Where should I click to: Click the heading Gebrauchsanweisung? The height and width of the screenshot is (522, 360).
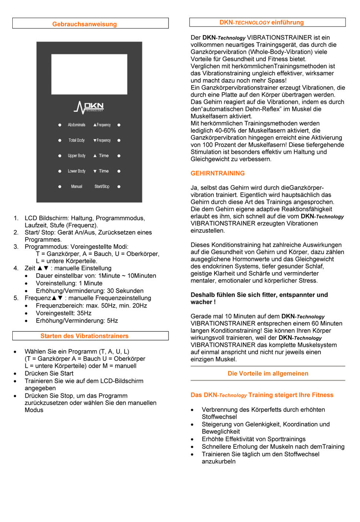(x=84, y=24)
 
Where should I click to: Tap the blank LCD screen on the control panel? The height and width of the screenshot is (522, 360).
(x=89, y=74)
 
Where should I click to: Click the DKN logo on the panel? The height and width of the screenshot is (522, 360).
(x=89, y=108)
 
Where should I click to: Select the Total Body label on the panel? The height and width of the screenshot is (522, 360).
(x=76, y=140)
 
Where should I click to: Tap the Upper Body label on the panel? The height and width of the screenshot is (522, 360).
(x=76, y=156)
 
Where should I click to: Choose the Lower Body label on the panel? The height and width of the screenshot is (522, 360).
(x=76, y=171)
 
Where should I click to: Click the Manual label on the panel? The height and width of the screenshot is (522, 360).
(x=76, y=186)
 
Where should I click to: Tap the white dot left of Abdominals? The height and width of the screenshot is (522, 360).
(x=60, y=125)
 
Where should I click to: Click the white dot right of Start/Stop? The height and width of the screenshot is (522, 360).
(x=119, y=186)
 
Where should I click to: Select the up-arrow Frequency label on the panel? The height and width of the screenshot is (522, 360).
(x=102, y=125)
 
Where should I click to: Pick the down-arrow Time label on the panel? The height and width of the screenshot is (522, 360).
(x=101, y=171)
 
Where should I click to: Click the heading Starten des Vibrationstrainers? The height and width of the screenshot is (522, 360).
(x=84, y=336)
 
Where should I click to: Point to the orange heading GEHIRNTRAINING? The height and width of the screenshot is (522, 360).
(x=217, y=173)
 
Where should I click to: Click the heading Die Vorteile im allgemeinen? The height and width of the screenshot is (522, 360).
(x=268, y=373)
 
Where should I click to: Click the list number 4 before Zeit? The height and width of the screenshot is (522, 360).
(x=16, y=268)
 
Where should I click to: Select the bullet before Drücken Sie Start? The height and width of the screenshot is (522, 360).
(x=15, y=374)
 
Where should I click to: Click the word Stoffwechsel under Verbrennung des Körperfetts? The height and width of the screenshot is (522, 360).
(x=219, y=417)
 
